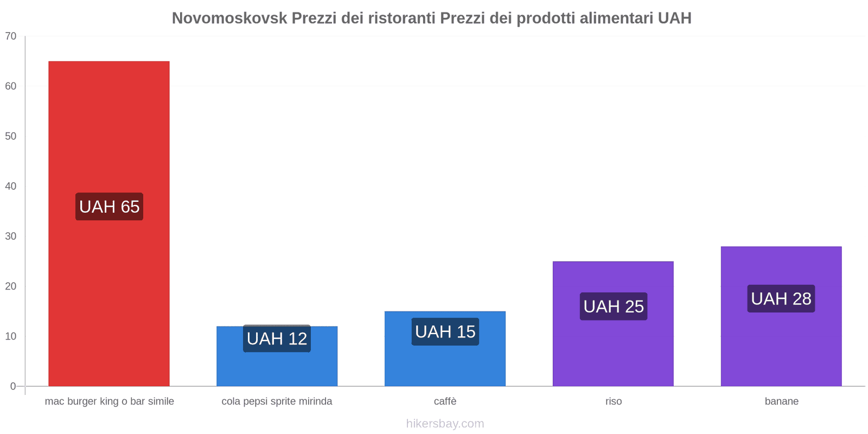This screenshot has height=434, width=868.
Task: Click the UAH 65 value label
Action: click(109, 207)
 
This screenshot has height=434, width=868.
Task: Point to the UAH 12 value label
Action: click(277, 339)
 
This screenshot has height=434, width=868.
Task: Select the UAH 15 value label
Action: click(445, 331)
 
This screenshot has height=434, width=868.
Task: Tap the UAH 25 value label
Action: click(614, 307)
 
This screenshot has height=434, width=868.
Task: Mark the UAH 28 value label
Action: click(781, 298)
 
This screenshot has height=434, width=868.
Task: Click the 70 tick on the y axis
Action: click(11, 36)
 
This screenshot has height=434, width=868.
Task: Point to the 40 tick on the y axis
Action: click(11, 186)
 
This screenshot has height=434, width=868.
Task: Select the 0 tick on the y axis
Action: click(13, 386)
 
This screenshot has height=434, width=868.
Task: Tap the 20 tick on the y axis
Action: click(11, 286)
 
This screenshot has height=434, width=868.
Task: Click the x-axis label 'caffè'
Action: click(445, 401)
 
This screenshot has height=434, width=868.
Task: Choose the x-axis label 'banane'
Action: click(781, 401)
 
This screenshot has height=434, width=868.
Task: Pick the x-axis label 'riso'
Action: click(614, 401)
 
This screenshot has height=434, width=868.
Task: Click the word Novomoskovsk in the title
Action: click(229, 18)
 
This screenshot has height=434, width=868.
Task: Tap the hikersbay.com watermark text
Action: click(445, 424)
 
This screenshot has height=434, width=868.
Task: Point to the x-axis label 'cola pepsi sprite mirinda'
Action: click(277, 401)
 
